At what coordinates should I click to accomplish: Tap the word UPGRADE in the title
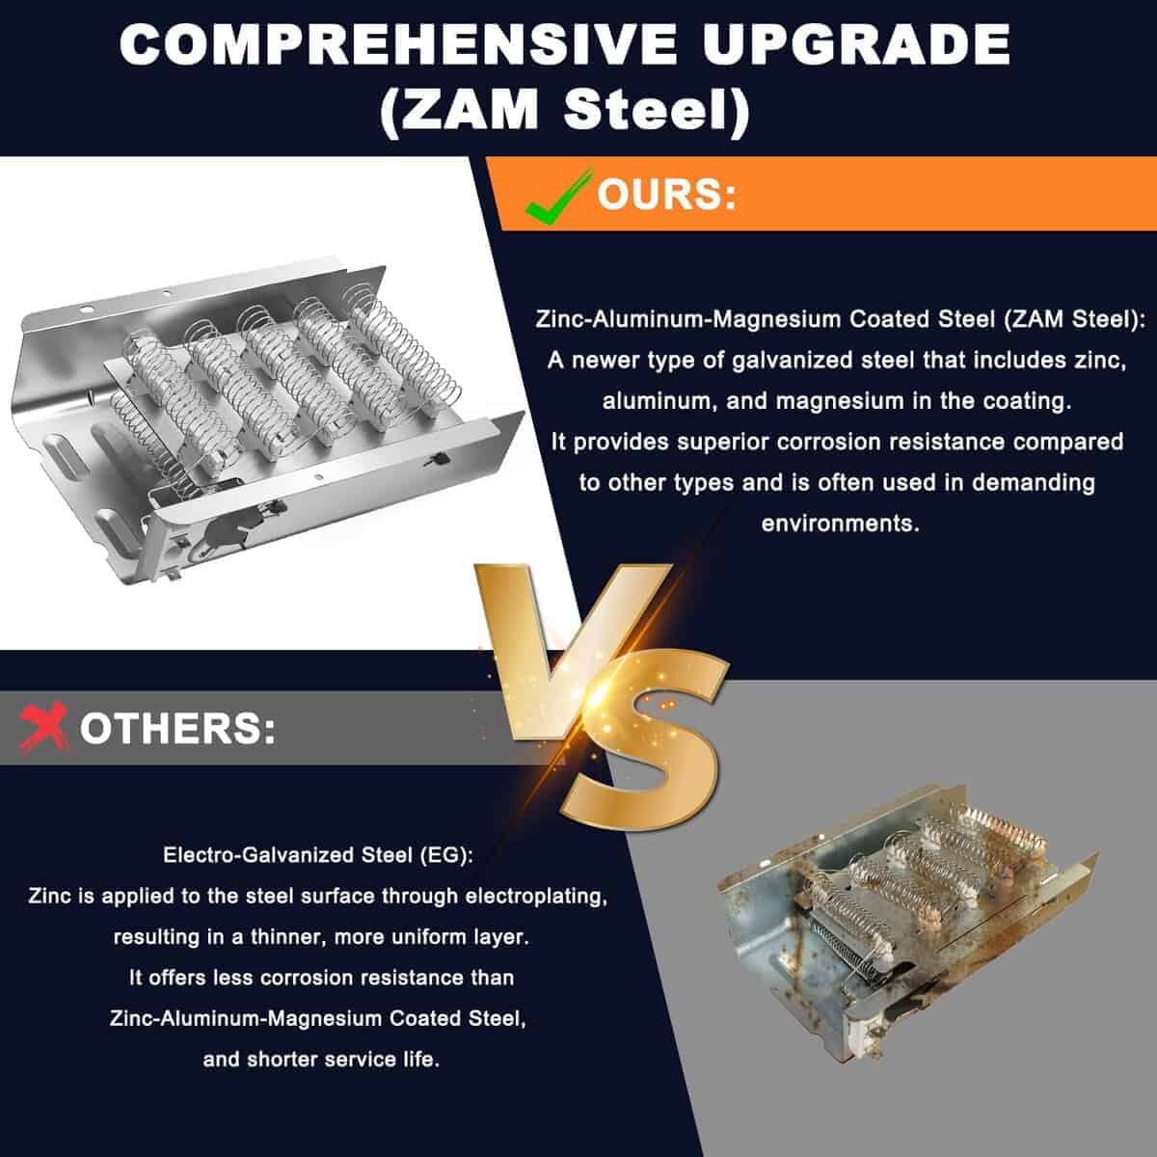[857, 45]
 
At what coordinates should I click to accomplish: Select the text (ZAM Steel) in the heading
[565, 110]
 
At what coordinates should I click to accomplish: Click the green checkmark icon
[556, 196]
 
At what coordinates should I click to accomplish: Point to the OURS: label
[666, 195]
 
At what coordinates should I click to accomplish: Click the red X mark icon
[42, 727]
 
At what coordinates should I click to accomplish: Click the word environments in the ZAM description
[840, 524]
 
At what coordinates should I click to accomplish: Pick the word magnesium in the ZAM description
[840, 401]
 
